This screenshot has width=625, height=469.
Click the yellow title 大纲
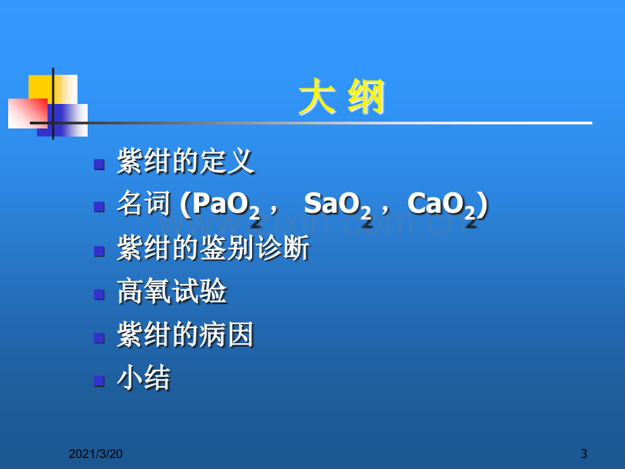(x=342, y=96)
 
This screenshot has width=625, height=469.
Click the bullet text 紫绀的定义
(x=185, y=161)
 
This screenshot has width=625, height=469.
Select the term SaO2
(x=338, y=205)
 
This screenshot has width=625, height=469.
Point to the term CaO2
(x=442, y=205)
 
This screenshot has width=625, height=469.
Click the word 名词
(x=143, y=203)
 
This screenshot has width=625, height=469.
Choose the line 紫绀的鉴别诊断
(x=213, y=247)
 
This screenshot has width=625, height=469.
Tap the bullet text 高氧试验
(x=172, y=291)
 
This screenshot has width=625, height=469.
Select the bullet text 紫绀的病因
(x=185, y=334)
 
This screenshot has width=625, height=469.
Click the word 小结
(x=143, y=377)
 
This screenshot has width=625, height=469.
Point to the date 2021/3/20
(x=96, y=454)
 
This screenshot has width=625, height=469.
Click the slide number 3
(x=584, y=454)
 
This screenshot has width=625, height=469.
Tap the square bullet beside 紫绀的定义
(x=99, y=164)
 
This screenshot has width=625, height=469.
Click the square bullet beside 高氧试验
(x=99, y=294)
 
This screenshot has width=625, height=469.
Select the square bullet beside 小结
(x=99, y=381)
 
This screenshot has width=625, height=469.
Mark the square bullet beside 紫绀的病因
(x=99, y=338)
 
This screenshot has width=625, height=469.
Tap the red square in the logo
(x=28, y=114)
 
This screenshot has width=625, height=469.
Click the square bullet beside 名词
(x=99, y=207)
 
